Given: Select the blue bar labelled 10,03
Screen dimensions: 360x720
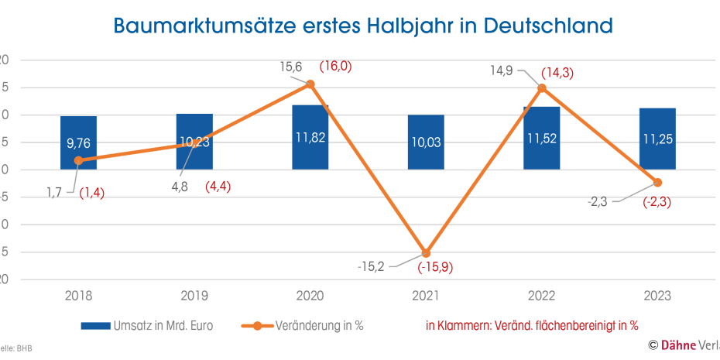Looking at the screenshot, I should click(426, 142).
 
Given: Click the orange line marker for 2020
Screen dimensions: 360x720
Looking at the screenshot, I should click(310, 84).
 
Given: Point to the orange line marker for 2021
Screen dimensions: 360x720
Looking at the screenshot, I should click(426, 253).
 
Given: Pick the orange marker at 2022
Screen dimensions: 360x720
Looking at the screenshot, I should click(542, 87).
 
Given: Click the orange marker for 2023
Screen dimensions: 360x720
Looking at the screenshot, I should click(657, 183).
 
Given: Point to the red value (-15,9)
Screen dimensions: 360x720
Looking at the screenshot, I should click(435, 268).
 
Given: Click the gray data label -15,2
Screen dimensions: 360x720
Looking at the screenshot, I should click(372, 266).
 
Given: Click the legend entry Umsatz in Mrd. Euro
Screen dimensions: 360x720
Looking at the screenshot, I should click(148, 326).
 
